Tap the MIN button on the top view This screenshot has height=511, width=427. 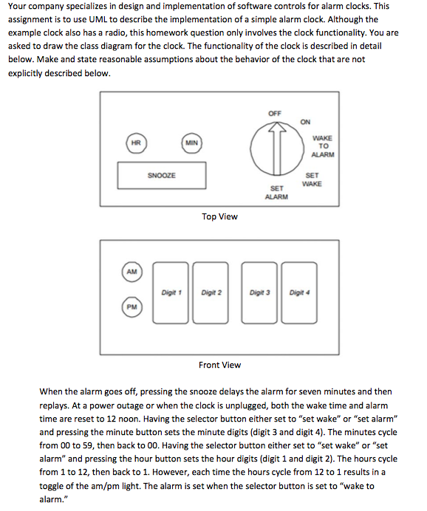coord(191,142)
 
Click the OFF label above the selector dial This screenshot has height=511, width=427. coord(275,113)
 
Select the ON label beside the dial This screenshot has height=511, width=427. coord(305,122)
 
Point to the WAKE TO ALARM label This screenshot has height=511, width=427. coord(323,146)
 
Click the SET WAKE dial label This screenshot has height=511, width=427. coord(312,179)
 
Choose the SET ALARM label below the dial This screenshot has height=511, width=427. coord(276,192)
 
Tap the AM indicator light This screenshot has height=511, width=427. coord(131,272)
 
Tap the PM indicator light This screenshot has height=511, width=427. coord(131,306)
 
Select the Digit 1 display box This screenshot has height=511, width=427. coord(171,293)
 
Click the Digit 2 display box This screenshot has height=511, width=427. coord(212,293)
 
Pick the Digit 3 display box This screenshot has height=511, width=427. coord(260,293)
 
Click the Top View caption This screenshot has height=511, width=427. coord(219,216)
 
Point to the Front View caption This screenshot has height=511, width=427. coord(219,365)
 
